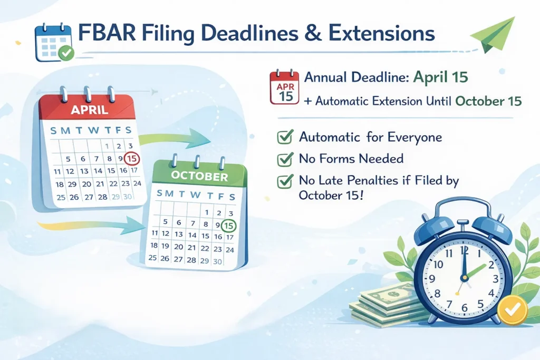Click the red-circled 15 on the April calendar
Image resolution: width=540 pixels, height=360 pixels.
click(x=132, y=159)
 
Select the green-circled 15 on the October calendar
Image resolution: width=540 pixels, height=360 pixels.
click(x=228, y=226)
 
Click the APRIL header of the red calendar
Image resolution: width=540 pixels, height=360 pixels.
click(x=90, y=110)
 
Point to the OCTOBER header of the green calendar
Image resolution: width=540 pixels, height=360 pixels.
click(x=199, y=176)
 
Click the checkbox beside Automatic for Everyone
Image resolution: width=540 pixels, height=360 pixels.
click(x=285, y=137)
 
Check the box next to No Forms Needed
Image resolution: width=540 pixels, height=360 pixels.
click(x=285, y=159)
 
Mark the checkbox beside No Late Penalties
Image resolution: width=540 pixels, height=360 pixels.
click(x=285, y=181)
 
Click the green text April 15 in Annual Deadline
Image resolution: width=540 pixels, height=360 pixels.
click(x=440, y=77)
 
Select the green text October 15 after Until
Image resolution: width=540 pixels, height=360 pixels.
click(x=488, y=101)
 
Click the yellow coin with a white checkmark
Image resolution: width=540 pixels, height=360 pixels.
click(x=513, y=310)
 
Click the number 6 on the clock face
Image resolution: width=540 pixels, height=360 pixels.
click(x=464, y=308)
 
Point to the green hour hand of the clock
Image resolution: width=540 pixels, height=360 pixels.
click(x=476, y=270)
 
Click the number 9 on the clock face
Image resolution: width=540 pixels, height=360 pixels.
click(x=432, y=278)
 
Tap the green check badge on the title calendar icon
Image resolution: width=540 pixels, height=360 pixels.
click(x=66, y=53)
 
